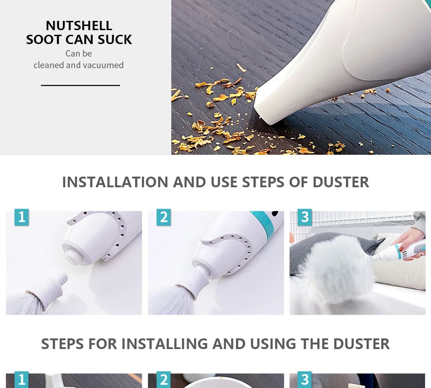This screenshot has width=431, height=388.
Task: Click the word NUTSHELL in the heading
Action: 79,26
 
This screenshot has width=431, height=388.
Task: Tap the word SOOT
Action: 43,39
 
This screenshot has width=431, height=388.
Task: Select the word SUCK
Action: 114,39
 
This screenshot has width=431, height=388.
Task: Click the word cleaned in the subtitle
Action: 49,65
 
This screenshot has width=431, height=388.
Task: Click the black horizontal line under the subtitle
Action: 80,85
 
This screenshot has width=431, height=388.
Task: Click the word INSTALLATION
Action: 115,182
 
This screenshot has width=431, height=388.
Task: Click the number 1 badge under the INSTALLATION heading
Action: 22,217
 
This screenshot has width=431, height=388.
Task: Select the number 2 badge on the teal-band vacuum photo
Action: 164,217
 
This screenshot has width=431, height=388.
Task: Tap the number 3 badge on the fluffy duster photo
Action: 305,217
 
